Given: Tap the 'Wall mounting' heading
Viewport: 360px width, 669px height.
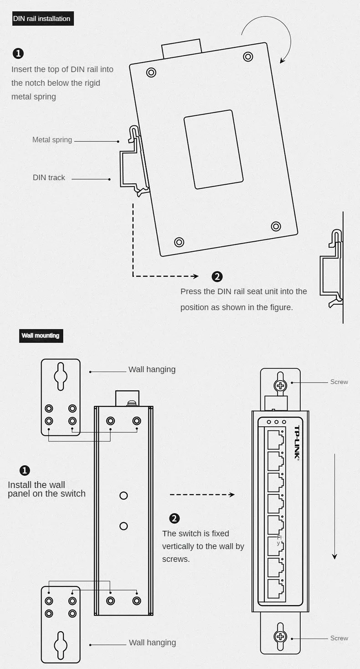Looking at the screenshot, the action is click(41, 336).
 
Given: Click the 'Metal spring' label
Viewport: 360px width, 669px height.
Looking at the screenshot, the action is click(52, 140).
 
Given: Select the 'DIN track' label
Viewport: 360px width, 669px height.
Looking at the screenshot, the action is click(49, 178).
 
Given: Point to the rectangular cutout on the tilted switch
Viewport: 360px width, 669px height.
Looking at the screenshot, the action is click(213, 149).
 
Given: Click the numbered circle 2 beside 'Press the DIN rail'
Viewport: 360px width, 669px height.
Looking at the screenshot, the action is click(217, 276).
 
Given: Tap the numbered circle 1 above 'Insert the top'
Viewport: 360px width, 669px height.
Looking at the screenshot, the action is click(18, 53).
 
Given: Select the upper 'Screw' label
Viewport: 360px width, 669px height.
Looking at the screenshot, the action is click(339, 382).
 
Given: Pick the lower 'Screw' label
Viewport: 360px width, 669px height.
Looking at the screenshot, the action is click(339, 638).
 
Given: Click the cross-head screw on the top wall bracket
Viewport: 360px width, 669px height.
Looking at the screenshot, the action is click(280, 385).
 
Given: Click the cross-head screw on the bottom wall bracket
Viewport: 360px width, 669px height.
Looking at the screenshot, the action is click(280, 637).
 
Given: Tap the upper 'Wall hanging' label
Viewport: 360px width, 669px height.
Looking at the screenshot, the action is click(152, 370).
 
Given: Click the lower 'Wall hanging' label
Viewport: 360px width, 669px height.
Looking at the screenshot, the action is click(152, 643).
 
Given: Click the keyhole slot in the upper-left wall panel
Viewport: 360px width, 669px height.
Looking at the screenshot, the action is click(61, 376).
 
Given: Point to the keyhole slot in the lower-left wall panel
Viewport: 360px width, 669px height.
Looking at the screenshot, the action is click(61, 645).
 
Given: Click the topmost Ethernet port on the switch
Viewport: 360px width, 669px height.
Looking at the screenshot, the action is click(275, 439).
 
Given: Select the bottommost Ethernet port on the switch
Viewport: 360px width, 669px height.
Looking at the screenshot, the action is click(275, 589).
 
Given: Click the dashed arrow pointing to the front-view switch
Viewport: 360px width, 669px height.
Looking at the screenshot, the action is click(202, 495).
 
